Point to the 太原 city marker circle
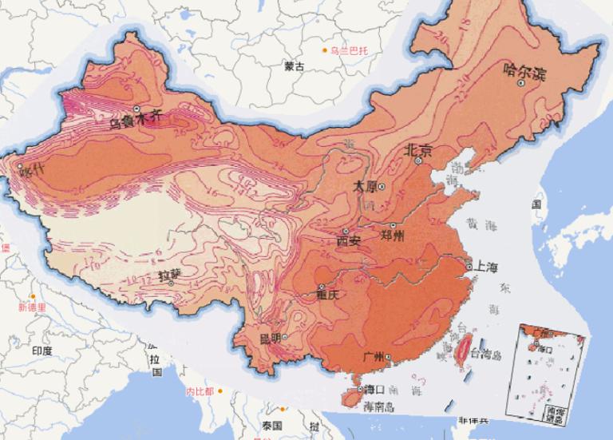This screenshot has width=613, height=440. pyautogui.click(x=382, y=186)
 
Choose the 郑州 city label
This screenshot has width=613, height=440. pyautogui.click(x=394, y=236)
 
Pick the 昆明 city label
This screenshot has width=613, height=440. pyautogui.click(x=271, y=338)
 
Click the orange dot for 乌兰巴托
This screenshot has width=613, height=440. pyautogui.click(x=325, y=51)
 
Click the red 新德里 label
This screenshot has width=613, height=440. pyautogui.click(x=32, y=306)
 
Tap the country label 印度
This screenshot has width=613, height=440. pyautogui.click(x=42, y=351)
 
